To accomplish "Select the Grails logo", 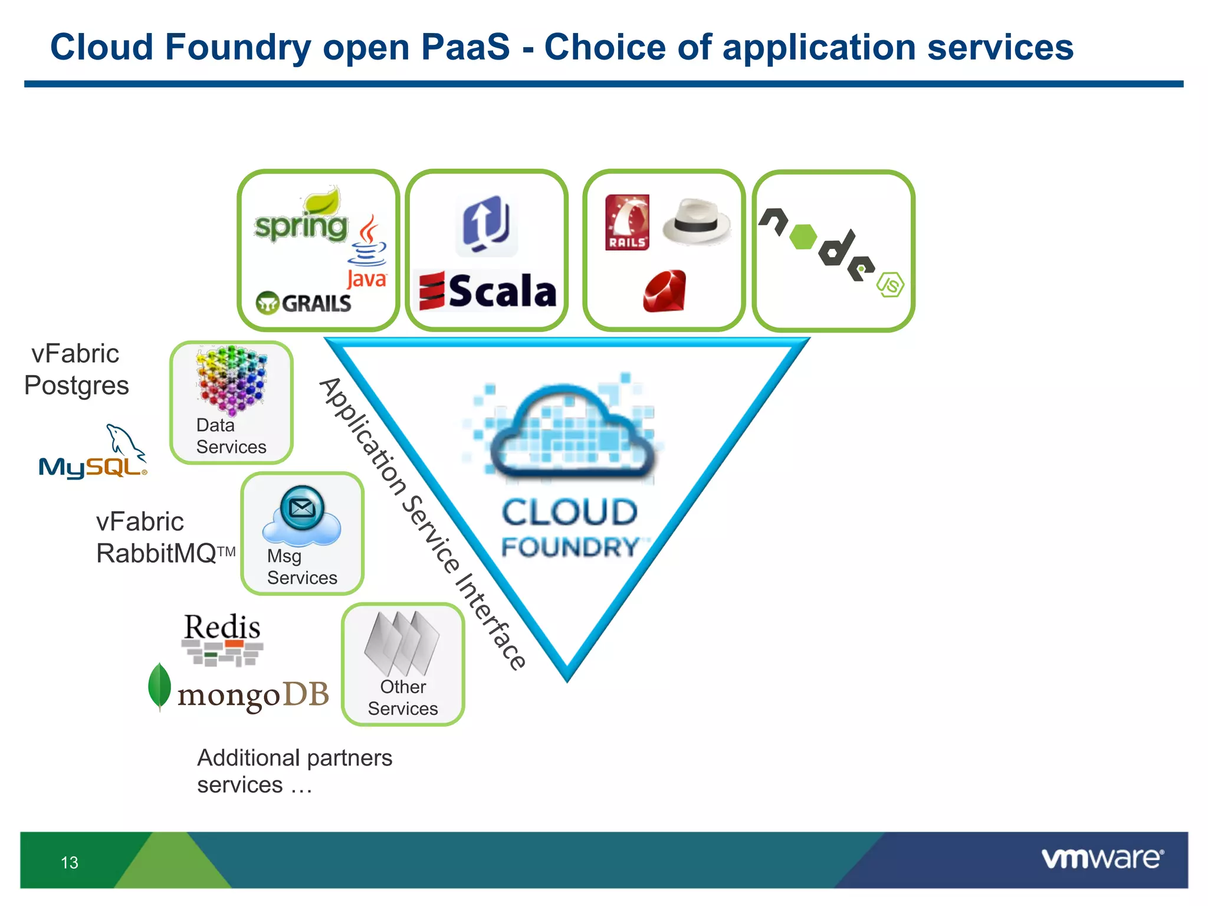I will (304, 303).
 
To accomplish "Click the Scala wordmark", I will (488, 291).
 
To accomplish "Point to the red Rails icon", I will (627, 222).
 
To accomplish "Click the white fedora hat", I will (697, 222).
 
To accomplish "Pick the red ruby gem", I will (665, 291).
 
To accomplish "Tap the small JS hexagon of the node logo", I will (890, 285).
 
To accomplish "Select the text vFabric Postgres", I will (75, 370).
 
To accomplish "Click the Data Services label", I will (231, 436).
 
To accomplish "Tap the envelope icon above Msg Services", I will (302, 507).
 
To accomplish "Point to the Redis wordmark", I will (222, 626).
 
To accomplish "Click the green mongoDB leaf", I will (159, 686).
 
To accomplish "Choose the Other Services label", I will (403, 698).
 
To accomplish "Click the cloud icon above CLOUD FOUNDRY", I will (569, 431).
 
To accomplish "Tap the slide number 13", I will (70, 863).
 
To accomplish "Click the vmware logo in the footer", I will (1102, 858).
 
